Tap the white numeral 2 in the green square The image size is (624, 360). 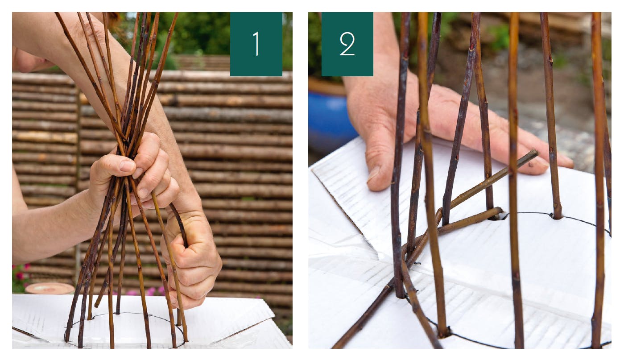coord(347,44)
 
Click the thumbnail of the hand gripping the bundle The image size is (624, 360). coord(127,166)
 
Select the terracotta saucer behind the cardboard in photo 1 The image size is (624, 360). coord(50,288)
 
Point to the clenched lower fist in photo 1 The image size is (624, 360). coord(192,259)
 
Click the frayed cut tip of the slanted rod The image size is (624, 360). coord(535,153)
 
